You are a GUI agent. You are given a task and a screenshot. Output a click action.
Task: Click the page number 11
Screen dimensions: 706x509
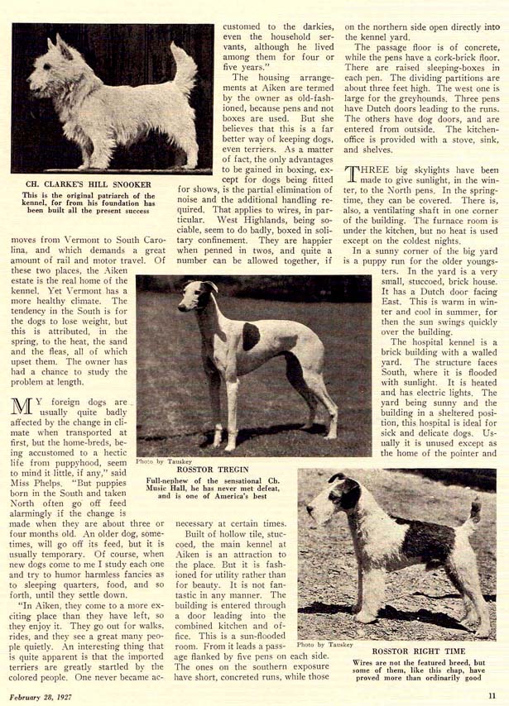click(x=492, y=696)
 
